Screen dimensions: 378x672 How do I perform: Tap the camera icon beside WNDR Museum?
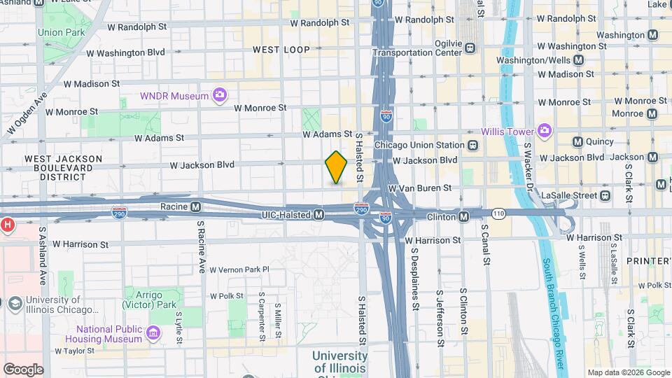[x=220, y=95]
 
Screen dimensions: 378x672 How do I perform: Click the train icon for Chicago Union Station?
[x=473, y=146]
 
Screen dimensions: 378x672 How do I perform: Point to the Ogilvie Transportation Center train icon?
[x=470, y=48]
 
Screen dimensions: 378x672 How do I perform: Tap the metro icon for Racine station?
[x=196, y=207]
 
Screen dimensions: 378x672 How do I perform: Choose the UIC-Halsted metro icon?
[x=318, y=214]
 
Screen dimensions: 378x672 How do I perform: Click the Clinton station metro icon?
[x=464, y=217]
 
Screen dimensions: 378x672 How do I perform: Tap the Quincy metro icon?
[x=577, y=142]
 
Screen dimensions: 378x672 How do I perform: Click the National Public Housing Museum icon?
[x=152, y=339]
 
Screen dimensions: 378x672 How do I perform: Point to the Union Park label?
[x=61, y=32]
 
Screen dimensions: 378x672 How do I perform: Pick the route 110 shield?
[x=498, y=212]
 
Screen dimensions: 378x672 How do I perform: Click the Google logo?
[x=23, y=370]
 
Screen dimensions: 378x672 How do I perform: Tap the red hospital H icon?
[x=7, y=225]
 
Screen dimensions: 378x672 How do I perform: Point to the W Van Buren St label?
[x=419, y=188]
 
